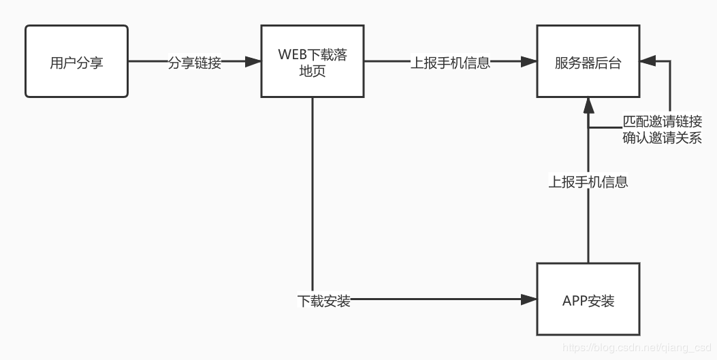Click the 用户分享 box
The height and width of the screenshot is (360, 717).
(x=76, y=61)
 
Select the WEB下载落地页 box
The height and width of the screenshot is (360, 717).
(x=312, y=61)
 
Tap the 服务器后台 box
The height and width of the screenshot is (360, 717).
(x=588, y=61)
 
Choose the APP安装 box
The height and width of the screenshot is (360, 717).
(x=588, y=300)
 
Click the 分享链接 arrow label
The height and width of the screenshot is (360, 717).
(x=195, y=63)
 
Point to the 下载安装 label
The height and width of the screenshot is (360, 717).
(x=324, y=300)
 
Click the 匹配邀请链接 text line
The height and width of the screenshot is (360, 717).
(x=662, y=122)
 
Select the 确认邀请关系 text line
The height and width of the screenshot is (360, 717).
(x=662, y=137)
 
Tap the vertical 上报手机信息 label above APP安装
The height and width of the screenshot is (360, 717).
(x=588, y=182)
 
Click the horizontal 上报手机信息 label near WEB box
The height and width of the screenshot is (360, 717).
(x=450, y=63)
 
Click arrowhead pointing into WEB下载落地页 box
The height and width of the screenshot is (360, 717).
(x=253, y=62)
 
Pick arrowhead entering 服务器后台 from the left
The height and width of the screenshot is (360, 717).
(x=528, y=62)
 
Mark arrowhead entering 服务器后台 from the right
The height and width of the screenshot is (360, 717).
(x=648, y=62)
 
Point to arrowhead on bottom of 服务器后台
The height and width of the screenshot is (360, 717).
(x=588, y=104)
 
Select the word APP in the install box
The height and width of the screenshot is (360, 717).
(x=575, y=301)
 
